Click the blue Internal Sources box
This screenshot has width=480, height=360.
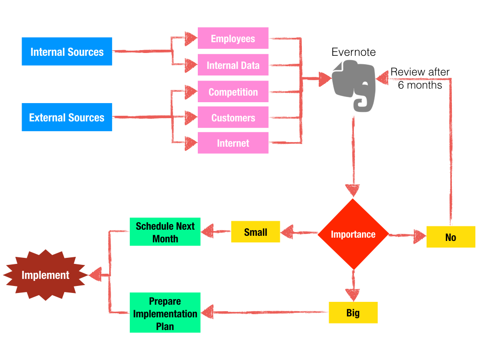click(67, 52)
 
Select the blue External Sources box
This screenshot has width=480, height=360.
click(67, 117)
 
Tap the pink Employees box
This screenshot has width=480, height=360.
click(233, 38)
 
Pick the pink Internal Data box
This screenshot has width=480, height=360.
click(233, 65)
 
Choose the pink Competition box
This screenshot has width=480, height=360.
click(233, 92)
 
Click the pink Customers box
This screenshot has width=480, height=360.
click(233, 118)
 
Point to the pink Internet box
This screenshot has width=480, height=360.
click(233, 143)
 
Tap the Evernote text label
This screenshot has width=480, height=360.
click(353, 52)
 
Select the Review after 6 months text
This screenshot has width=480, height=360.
click(420, 78)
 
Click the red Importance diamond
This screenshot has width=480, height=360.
click(353, 234)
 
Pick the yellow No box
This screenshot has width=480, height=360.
click(450, 237)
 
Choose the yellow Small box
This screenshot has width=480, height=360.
click(255, 232)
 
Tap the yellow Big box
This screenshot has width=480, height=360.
click(353, 313)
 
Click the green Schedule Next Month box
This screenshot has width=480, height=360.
click(165, 232)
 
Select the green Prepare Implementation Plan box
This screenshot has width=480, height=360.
click(165, 313)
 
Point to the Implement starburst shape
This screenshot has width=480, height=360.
click(45, 275)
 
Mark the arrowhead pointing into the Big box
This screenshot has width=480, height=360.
click(353, 294)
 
